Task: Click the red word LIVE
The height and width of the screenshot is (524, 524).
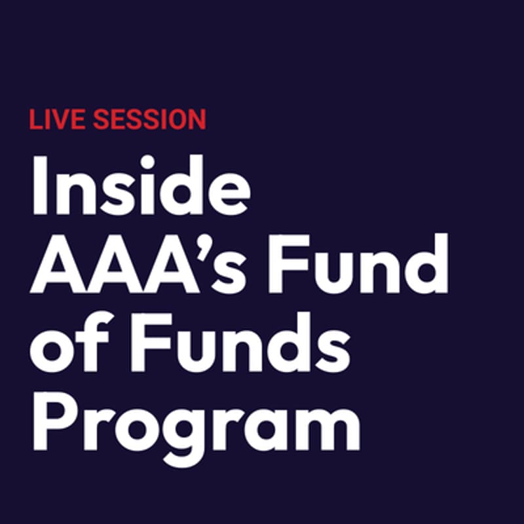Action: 57,119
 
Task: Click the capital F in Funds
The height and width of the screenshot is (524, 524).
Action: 141,343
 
